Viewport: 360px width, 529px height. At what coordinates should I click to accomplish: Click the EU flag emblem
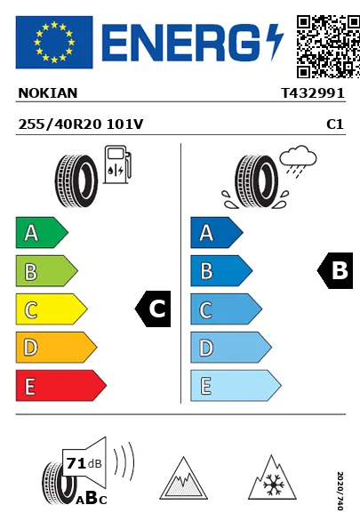pos(54,42)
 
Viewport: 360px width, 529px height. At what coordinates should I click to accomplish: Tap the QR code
pos(328,46)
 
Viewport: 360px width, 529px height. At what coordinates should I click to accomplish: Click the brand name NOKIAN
pos(48,93)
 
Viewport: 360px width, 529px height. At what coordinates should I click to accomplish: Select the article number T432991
pos(313,93)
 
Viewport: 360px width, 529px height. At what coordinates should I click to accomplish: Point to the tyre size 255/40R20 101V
pos(81,124)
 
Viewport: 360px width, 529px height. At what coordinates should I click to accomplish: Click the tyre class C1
pos(335,124)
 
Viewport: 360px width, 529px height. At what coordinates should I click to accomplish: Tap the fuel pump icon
pos(117,164)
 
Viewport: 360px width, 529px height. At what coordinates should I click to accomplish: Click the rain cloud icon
pos(298,159)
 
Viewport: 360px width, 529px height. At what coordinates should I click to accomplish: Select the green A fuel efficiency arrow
pos(42,232)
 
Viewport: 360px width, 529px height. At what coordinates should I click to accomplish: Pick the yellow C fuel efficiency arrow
pos(52,309)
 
